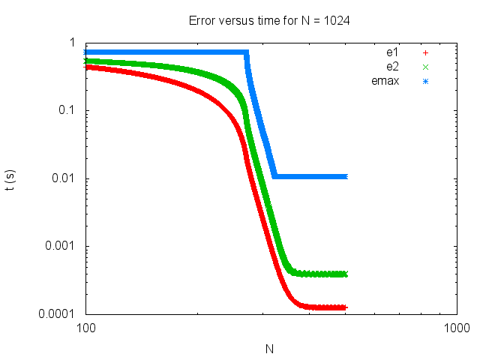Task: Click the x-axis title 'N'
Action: click(x=271, y=349)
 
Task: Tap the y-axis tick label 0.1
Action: click(x=66, y=110)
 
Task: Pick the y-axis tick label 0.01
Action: click(x=64, y=178)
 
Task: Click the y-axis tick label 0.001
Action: click(x=61, y=246)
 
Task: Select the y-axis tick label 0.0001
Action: click(x=58, y=313)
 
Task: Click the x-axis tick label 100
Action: click(x=85, y=328)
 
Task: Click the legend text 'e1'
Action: click(x=391, y=52)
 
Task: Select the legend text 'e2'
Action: click(x=391, y=67)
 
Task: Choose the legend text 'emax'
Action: click(x=385, y=81)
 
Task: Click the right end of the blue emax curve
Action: click(x=346, y=177)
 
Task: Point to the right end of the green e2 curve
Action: click(x=346, y=274)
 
